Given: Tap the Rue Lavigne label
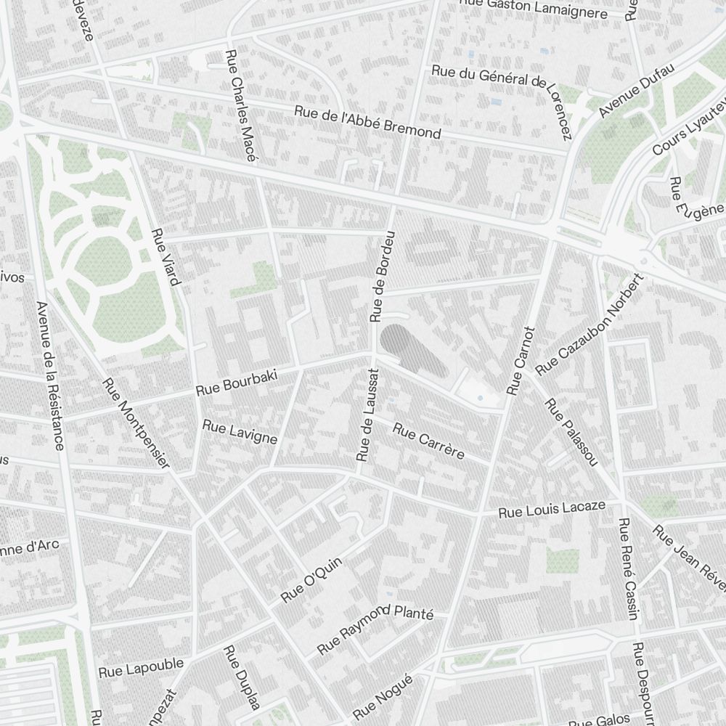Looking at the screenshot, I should tap(240, 433).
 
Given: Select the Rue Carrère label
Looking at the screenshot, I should tap(428, 442).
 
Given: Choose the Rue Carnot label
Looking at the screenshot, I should tap(521, 361).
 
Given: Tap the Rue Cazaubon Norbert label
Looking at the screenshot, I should tap(590, 325).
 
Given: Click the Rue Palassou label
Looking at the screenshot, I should tap(571, 432).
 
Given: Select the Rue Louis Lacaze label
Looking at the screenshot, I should tap(552, 508).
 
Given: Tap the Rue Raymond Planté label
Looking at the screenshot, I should tap(375, 627).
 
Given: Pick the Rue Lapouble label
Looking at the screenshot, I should tap(141, 669).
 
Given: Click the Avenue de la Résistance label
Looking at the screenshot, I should tap(50, 375).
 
